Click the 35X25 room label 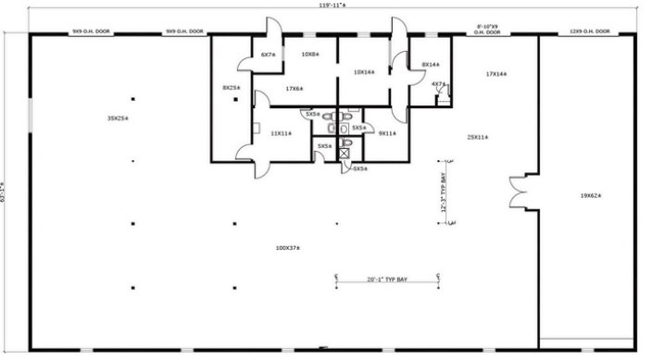pos(117,118)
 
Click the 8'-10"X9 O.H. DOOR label pos(487,30)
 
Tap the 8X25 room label pos(232,88)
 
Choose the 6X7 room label pos(269,55)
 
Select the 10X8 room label pos(310,54)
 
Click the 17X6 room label pos(295,89)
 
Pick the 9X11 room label pos(387,133)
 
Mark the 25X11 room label pos(478,137)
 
